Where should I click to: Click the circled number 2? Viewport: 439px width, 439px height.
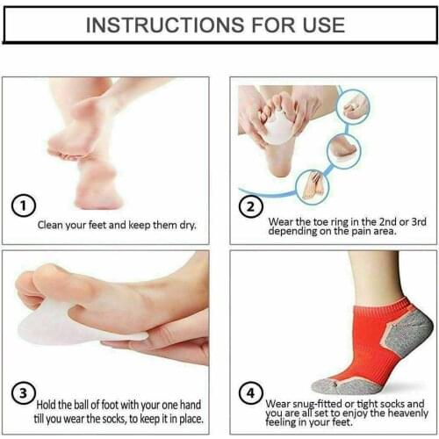(249, 208)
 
